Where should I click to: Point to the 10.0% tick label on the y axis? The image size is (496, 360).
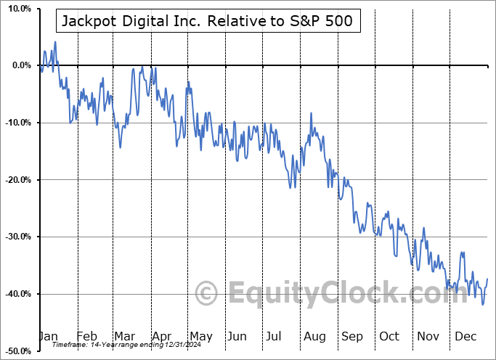(19, 9)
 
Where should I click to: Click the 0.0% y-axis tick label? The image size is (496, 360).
(21, 66)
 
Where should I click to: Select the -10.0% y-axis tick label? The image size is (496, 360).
(17, 123)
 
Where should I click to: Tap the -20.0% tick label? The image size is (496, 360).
(17, 180)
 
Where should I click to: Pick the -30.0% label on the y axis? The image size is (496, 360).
(17, 237)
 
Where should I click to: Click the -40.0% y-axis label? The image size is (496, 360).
(17, 294)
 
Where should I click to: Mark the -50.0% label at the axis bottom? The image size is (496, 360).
(17, 351)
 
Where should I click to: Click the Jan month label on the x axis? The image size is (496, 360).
(48, 336)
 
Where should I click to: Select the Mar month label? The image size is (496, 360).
(123, 336)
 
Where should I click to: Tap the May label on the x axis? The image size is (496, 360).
(200, 336)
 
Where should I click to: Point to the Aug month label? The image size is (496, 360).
(314, 336)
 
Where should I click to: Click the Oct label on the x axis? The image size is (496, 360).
(389, 336)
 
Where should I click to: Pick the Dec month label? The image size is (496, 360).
(465, 336)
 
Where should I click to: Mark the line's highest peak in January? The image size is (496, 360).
(55, 42)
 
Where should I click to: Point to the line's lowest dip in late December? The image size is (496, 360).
(483, 304)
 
